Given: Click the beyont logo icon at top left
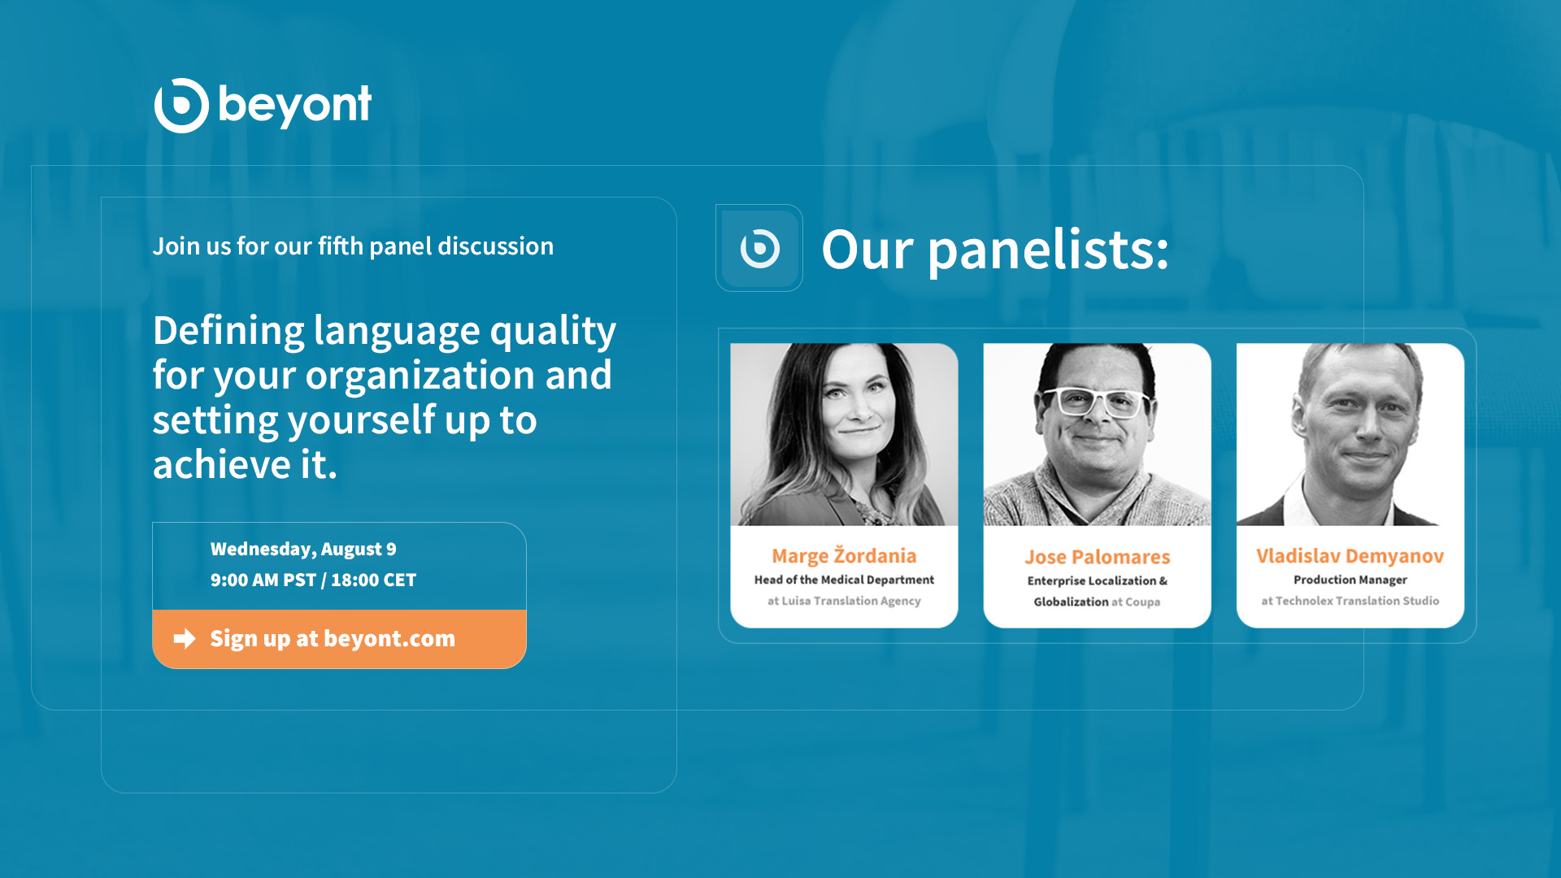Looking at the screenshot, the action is [181, 106].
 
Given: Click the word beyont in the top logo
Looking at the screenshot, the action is [295, 106].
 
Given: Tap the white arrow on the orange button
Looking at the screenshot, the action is [185, 638].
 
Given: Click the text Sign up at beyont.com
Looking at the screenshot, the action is [333, 638].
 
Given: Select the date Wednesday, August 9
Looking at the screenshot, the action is [303, 550].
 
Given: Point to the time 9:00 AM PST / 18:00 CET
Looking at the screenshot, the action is [313, 580].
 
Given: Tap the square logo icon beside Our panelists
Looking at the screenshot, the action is [759, 248].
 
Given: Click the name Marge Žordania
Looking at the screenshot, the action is [844, 555].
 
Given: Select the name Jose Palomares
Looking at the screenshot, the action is [1097, 557].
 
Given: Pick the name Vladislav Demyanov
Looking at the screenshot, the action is [1350, 556].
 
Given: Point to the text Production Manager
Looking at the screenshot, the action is [1350, 580].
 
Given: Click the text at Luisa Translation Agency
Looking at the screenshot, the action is [844, 601].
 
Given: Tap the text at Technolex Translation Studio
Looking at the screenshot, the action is [1350, 601].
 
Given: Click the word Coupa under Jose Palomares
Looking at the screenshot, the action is [1142, 602].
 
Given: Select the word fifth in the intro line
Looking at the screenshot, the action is [341, 246].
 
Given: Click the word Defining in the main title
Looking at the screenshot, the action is [228, 332].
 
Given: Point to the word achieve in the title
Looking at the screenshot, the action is [221, 464].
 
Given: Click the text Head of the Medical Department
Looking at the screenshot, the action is [844, 580].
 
